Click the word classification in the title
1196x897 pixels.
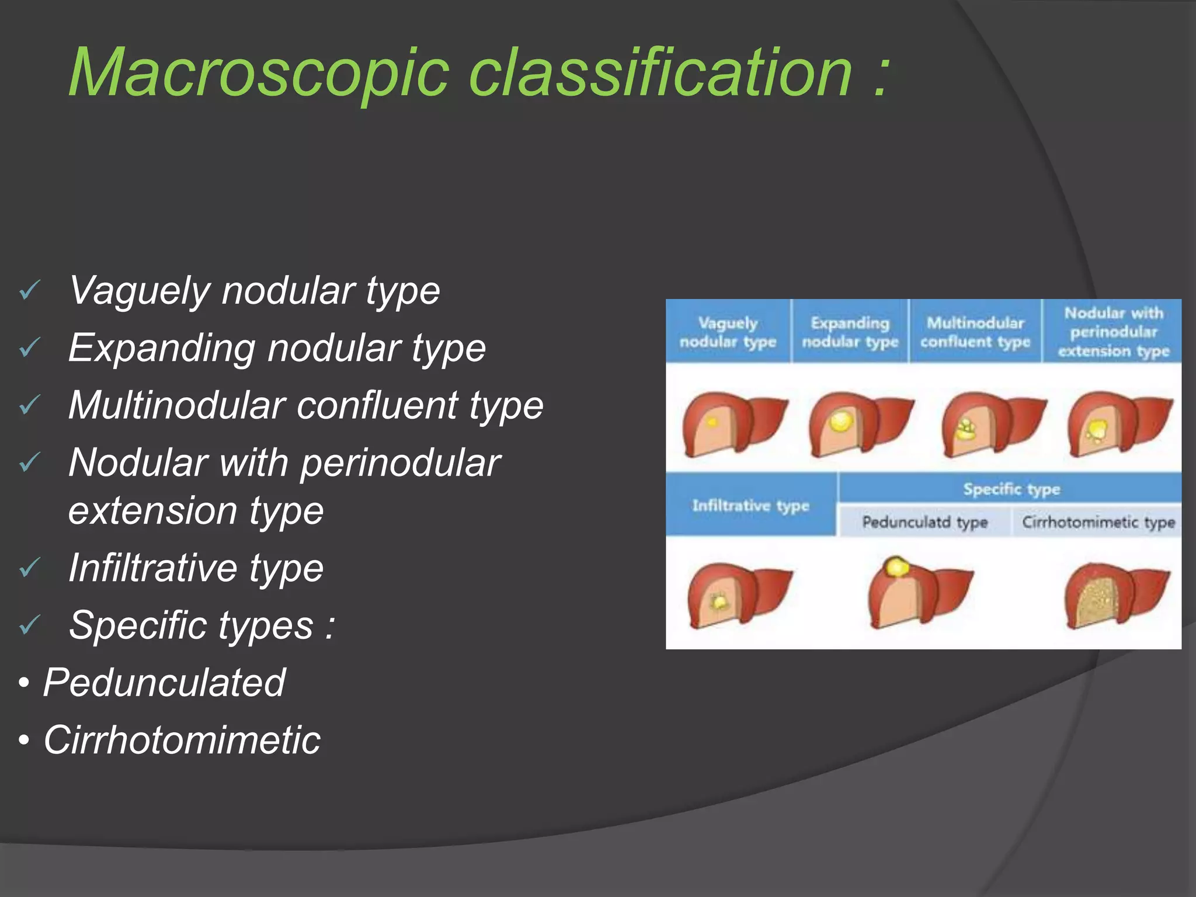[660, 73]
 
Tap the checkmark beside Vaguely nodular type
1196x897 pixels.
[29, 290]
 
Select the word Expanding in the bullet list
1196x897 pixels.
[161, 349]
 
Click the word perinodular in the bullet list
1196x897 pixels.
[401, 463]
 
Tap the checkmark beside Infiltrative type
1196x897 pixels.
[29, 567]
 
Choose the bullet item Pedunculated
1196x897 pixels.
[164, 682]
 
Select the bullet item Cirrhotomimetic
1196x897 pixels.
[182, 740]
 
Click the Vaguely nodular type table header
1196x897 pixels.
[728, 332]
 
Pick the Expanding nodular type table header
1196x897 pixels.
[850, 332]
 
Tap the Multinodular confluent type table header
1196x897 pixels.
[975, 332]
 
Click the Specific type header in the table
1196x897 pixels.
[1011, 489]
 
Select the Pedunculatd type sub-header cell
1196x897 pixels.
[924, 521]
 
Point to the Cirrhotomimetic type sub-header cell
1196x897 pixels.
[1097, 521]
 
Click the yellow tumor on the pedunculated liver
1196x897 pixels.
[895, 566]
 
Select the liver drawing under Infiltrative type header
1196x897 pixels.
[737, 596]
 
